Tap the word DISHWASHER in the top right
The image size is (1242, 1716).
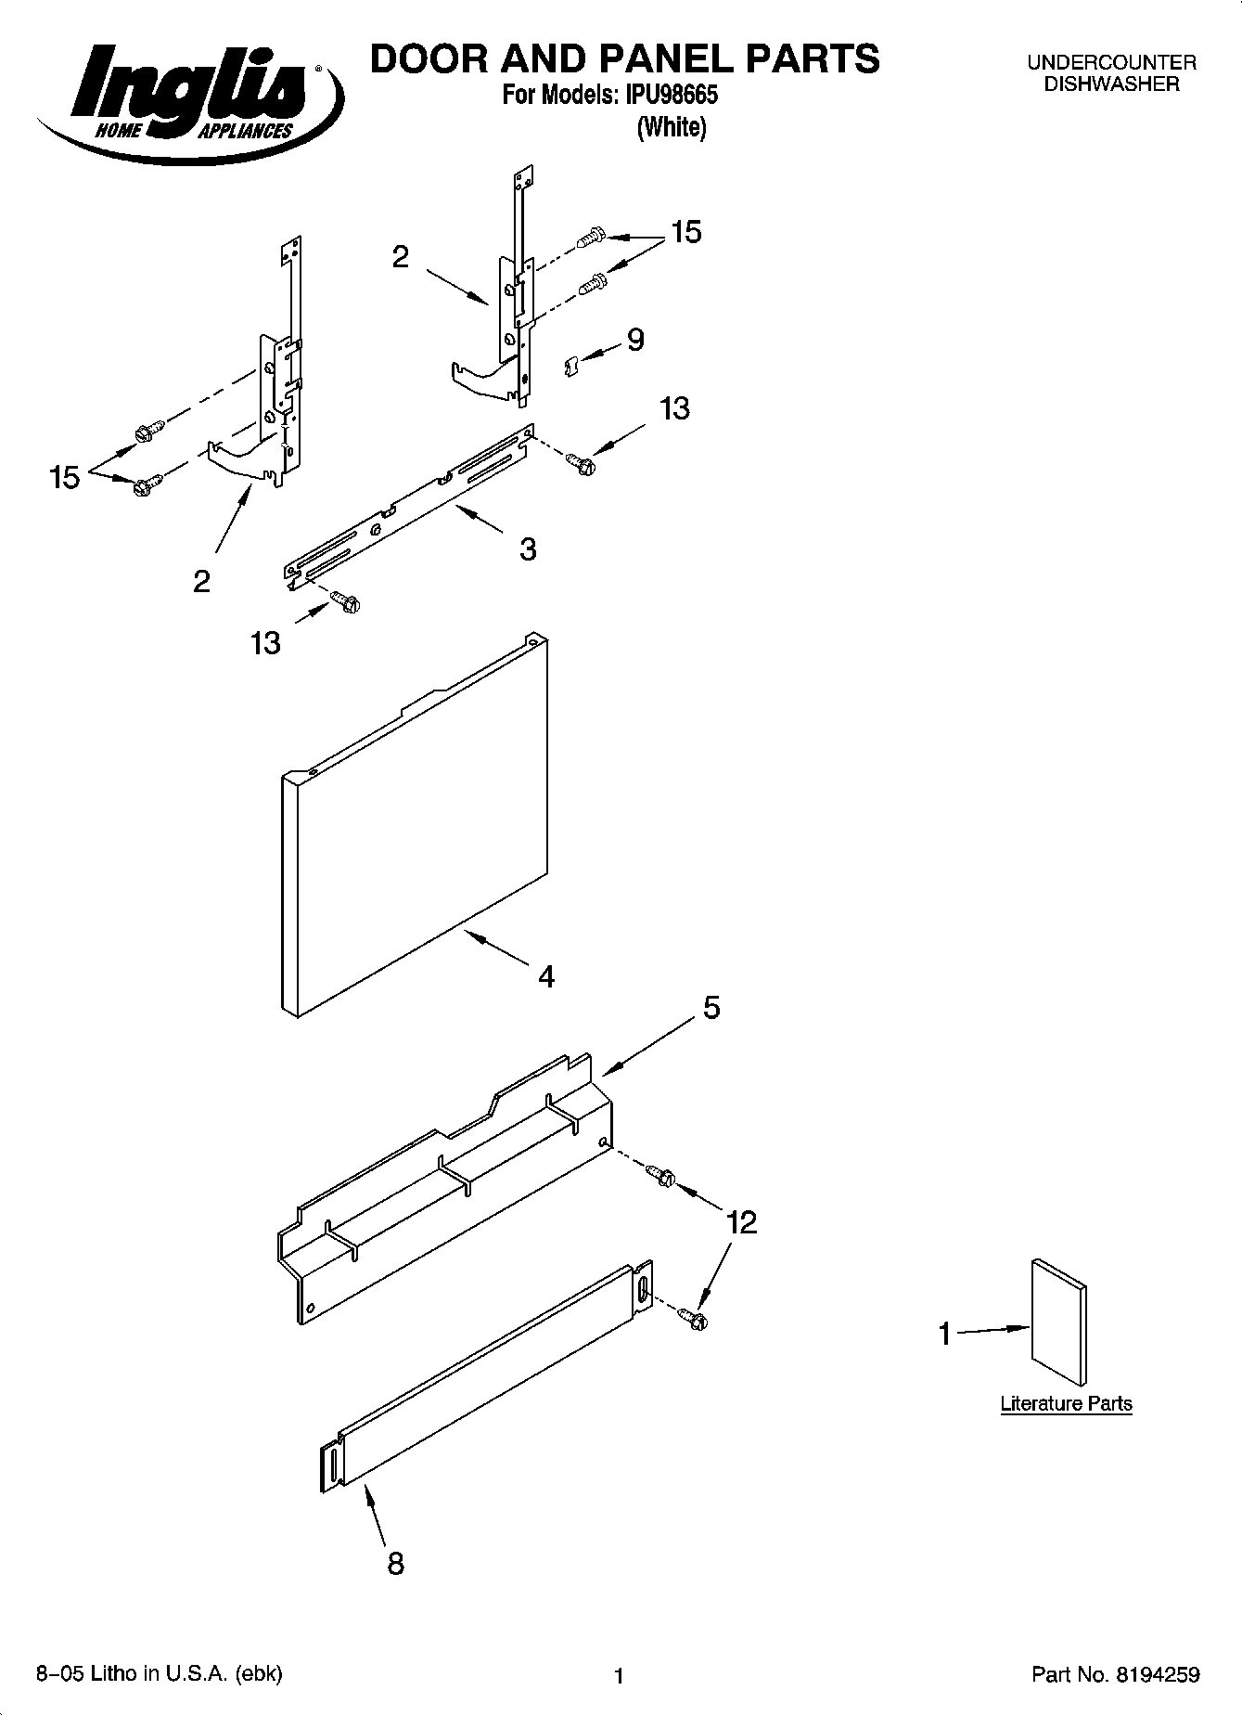[1111, 84]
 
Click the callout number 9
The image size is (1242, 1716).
[634, 341]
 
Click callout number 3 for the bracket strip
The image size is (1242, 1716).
[527, 549]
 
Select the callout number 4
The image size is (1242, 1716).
[546, 976]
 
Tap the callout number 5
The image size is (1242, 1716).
[711, 1007]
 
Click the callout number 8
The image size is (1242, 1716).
[395, 1564]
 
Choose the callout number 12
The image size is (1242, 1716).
[742, 1222]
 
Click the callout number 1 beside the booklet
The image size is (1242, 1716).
[944, 1335]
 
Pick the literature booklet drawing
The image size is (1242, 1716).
[1058, 1322]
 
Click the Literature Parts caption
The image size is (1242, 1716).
[1066, 1403]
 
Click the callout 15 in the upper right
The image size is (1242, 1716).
[685, 232]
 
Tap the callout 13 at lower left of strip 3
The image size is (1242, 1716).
[265, 642]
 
